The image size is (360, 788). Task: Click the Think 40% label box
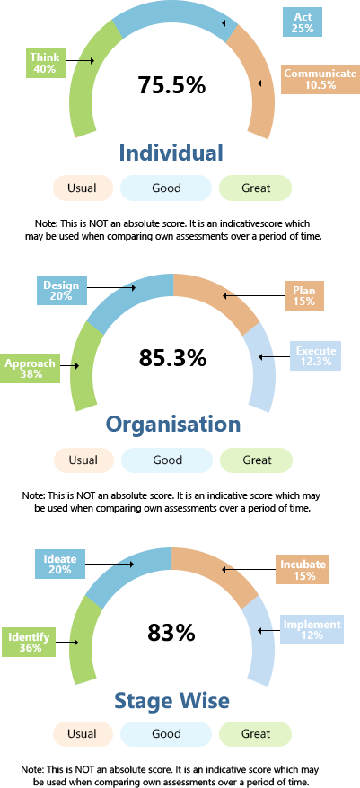pos(46,63)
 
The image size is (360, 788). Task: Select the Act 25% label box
pos(303,22)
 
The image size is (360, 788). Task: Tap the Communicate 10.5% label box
pos(320,79)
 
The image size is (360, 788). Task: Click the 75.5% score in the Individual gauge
pos(171,84)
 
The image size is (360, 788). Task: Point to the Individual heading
pos(171,153)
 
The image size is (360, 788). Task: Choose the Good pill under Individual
pos(166,188)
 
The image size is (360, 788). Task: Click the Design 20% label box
pos(61,290)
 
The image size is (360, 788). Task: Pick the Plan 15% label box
pos(304,295)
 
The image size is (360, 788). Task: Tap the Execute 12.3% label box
pos(315,355)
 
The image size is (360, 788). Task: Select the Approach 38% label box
pos(31,368)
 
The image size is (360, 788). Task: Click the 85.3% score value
pos(172,358)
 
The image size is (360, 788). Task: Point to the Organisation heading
pos(173,425)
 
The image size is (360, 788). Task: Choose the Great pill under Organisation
pos(257,460)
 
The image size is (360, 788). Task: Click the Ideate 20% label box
pos(60,564)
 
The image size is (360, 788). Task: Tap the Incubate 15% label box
pos(303,569)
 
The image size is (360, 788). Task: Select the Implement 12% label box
pos(312,630)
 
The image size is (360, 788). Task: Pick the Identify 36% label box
pos(29,643)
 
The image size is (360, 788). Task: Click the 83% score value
pos(171,632)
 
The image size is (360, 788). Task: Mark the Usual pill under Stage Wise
pos(83,734)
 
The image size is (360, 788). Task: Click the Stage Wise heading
pos(171,700)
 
